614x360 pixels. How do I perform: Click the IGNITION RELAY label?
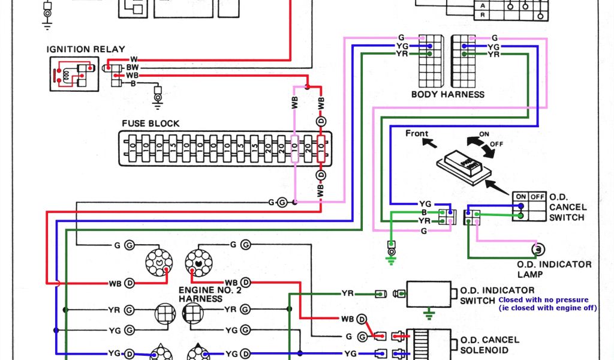(87, 49)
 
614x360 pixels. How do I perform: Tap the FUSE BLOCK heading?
(151, 123)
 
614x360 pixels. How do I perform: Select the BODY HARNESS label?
(447, 94)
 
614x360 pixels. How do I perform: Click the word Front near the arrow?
(417, 133)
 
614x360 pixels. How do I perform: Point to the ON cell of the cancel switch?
(520, 196)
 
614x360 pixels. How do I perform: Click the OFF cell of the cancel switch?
(537, 196)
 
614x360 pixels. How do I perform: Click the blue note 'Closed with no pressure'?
(544, 299)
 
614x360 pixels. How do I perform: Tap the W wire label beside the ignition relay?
(133, 59)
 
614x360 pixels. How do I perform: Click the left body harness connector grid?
(431, 60)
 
